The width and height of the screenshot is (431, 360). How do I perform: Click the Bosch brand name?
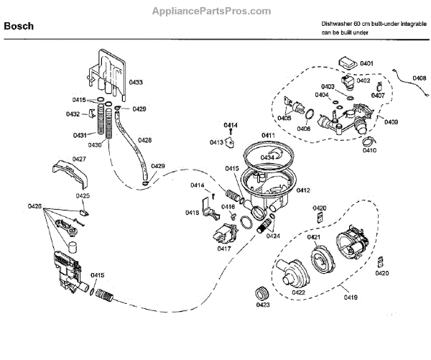18,27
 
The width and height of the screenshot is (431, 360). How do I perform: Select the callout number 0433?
136,83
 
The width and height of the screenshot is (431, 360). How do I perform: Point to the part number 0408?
418,78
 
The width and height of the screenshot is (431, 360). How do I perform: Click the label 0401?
367,63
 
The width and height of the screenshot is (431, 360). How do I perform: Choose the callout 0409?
390,121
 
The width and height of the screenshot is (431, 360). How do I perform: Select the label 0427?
79,159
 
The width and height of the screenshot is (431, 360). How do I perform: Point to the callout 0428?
144,140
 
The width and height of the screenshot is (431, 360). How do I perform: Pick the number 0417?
224,249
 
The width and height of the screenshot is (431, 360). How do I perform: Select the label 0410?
369,151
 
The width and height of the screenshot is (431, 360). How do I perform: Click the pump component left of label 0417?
220,234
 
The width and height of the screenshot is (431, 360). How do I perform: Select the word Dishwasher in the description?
340,24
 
